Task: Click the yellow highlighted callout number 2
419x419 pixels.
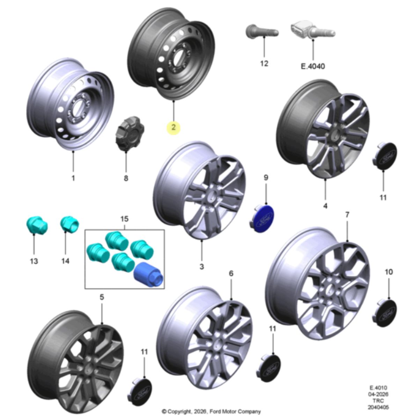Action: pyautogui.click(x=173, y=127)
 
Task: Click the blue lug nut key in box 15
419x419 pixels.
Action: pyautogui.click(x=148, y=275)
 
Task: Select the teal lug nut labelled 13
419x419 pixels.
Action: pyautogui.click(x=37, y=225)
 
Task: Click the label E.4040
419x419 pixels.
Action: pyautogui.click(x=313, y=66)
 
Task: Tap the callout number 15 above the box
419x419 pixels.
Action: pyautogui.click(x=124, y=219)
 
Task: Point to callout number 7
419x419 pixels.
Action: pyautogui.click(x=347, y=215)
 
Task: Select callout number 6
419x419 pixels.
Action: pyautogui.click(x=231, y=273)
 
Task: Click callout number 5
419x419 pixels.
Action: pyautogui.click(x=102, y=297)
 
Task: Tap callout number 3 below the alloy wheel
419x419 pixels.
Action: pyautogui.click(x=201, y=266)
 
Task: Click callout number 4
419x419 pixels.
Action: pyautogui.click(x=325, y=206)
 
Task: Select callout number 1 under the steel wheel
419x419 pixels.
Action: pyautogui.click(x=73, y=178)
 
